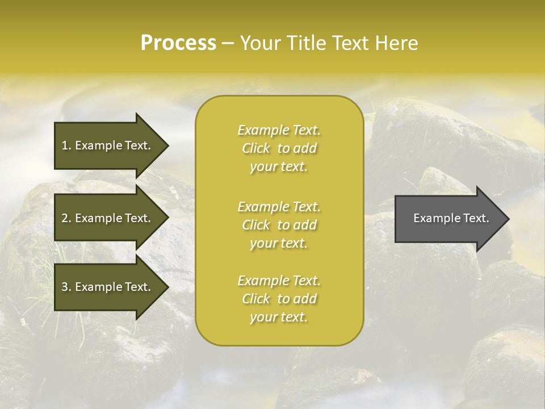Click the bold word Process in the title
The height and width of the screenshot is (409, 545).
[178, 43]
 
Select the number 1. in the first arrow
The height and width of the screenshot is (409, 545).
[66, 145]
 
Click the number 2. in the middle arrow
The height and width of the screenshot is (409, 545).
[66, 218]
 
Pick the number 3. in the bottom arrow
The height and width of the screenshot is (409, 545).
[66, 287]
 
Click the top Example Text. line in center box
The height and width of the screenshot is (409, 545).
[279, 130]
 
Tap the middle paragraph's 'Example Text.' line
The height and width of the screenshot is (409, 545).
[279, 207]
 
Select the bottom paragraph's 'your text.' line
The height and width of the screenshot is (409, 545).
[279, 318]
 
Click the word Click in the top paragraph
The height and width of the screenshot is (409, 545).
[256, 148]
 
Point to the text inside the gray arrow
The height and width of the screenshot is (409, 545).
[451, 218]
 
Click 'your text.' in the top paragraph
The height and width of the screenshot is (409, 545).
[279, 167]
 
